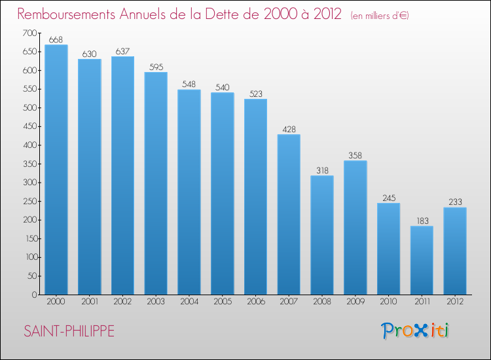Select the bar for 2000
pos(56,170)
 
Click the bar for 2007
pos(289,215)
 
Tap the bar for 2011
pos(422,260)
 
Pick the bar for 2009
pos(355,228)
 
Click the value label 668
pos(56,40)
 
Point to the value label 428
pos(289,130)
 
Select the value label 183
pos(422,221)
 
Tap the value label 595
pos(156,67)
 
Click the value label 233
pos(455,202)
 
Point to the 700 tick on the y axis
pos(29,33)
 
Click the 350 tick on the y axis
pos(30,164)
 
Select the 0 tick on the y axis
pos(35,295)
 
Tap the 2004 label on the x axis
pos(189,302)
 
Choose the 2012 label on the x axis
pos(455,302)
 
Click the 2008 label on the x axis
pos(322,302)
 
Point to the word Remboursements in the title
pos(66,14)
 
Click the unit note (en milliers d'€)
pos(380,16)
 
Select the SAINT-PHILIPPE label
pos(69,331)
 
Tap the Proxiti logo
pos(415,331)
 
